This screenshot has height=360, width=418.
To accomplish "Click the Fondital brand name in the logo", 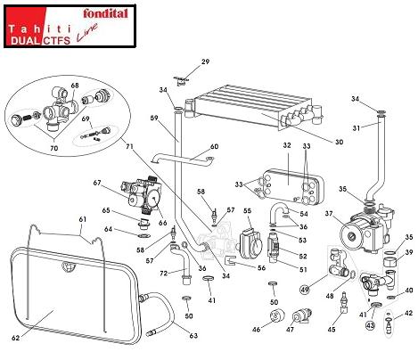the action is (x=105, y=13).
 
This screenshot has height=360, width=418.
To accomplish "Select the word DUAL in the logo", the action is (x=25, y=40).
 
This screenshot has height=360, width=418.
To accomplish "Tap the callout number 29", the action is (x=205, y=61).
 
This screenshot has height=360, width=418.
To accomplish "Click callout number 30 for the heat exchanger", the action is (x=339, y=142).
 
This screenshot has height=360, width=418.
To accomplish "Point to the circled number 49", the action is (x=305, y=289).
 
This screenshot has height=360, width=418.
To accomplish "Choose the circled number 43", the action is (x=370, y=325).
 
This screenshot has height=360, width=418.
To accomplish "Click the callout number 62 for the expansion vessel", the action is (x=16, y=338).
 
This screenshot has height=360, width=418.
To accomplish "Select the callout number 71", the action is (x=129, y=146).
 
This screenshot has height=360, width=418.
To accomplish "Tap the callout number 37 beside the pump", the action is (x=329, y=214).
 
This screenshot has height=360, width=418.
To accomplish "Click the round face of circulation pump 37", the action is (x=351, y=236).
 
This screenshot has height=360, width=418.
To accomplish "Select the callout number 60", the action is (x=214, y=146).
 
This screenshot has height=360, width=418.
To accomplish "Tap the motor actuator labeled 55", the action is (x=251, y=243).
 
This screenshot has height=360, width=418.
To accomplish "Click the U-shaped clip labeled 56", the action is (x=231, y=260).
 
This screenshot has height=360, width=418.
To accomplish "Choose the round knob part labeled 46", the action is (x=277, y=315).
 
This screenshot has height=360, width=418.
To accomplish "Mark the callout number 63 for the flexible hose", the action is (x=193, y=335).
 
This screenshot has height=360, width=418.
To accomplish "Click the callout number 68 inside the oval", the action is (x=75, y=86).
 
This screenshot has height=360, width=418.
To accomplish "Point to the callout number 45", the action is (x=332, y=329).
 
